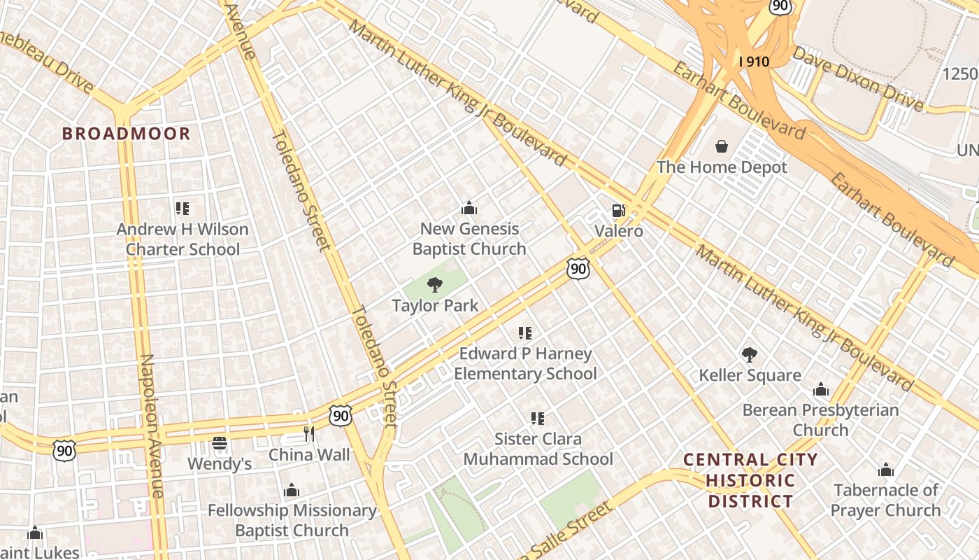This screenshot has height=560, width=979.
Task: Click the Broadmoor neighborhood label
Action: [x=126, y=134]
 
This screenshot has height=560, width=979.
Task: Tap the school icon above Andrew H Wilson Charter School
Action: [x=183, y=208]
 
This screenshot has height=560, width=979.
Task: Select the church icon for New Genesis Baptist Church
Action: [x=469, y=208]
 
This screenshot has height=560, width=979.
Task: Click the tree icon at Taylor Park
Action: [x=434, y=284]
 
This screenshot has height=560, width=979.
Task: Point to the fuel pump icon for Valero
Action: [x=618, y=210]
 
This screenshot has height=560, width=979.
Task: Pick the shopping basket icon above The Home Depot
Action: [x=721, y=146]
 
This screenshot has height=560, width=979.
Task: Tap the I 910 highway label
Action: [x=753, y=62]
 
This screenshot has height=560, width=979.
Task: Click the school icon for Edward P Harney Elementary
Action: [x=524, y=333]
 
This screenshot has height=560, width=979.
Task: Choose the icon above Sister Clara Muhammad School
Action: [x=537, y=419]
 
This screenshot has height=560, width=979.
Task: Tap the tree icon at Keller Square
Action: [x=749, y=355]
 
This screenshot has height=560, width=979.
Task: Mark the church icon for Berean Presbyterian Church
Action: [x=820, y=389]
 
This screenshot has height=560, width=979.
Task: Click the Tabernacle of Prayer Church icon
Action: [x=885, y=470]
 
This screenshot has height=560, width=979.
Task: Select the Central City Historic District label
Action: [x=750, y=480]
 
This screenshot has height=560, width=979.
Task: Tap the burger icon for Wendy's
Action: [x=220, y=443]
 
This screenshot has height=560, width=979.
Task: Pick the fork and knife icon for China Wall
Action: [x=309, y=434]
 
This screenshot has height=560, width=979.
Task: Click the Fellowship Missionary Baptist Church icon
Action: [x=292, y=490]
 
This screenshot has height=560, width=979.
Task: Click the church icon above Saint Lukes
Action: [x=35, y=533]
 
